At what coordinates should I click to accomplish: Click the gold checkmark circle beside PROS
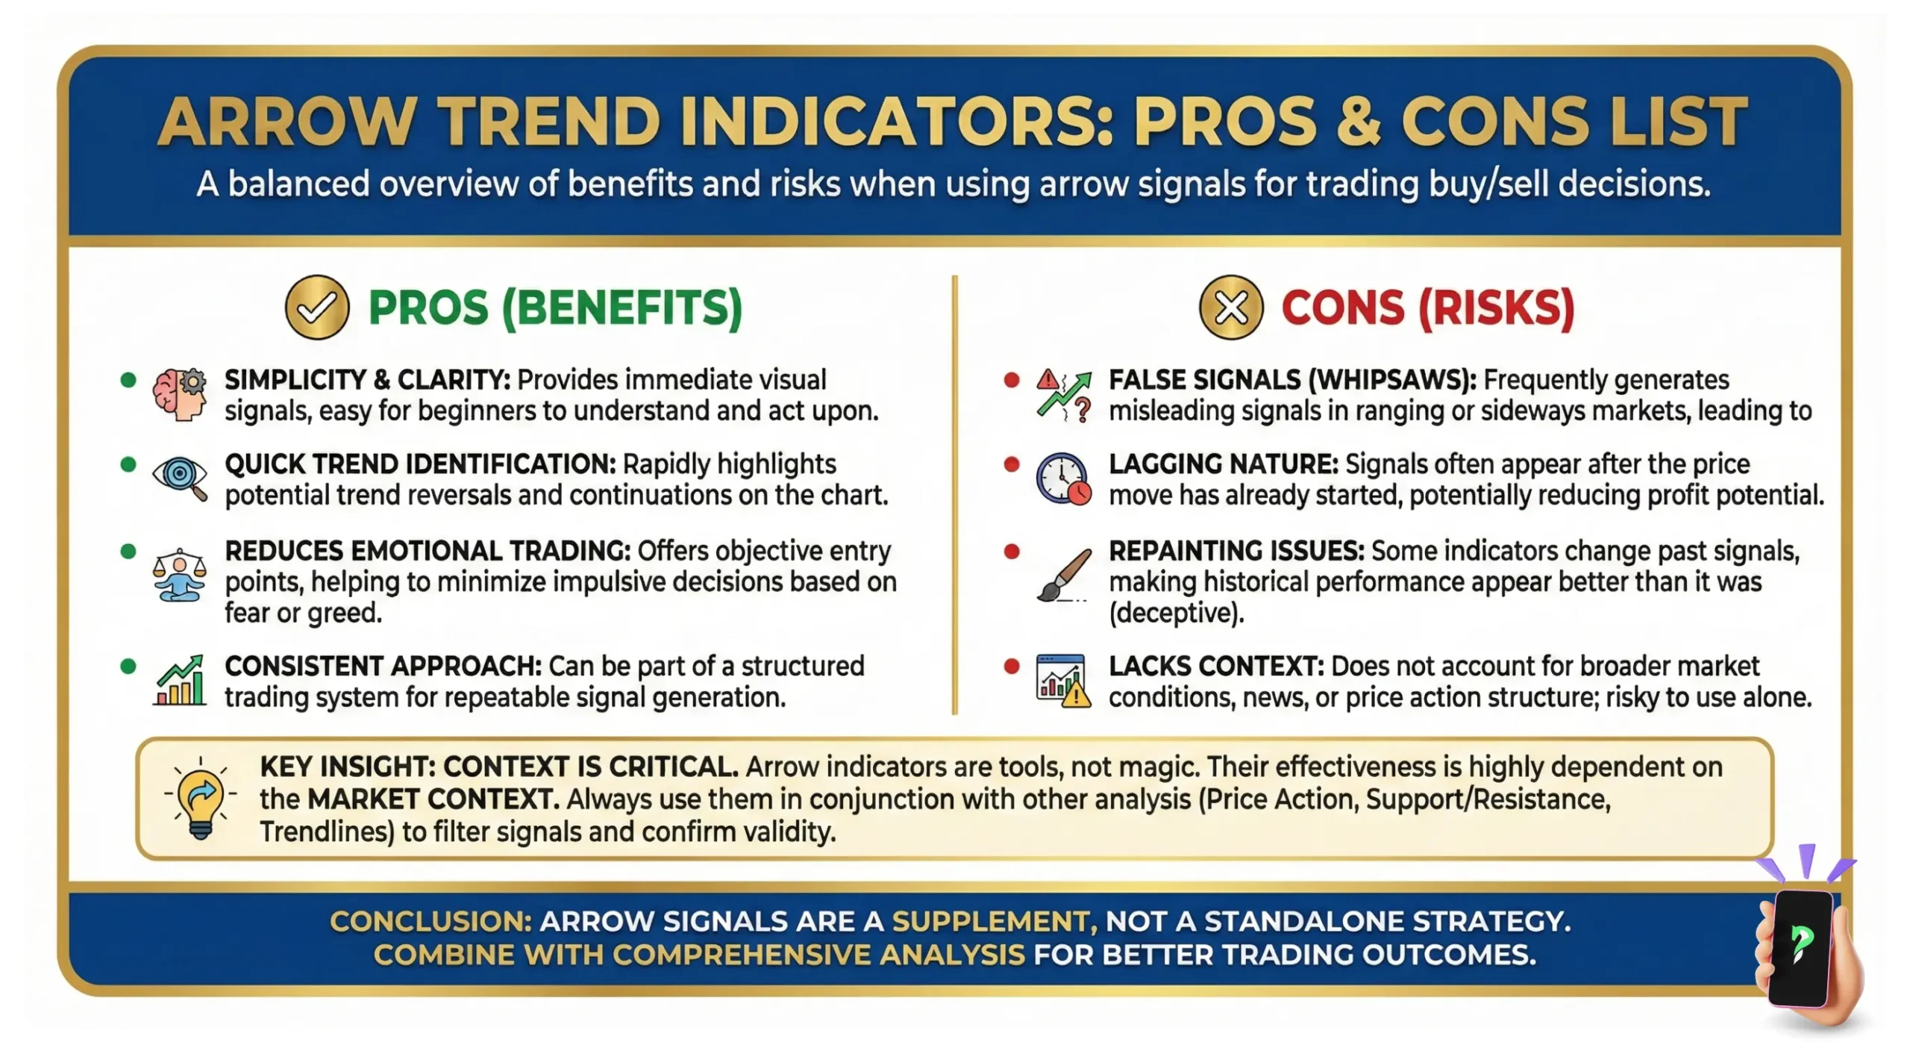pyautogui.click(x=317, y=307)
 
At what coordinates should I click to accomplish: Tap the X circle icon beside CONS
pyautogui.click(x=1231, y=307)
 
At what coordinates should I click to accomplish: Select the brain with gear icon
pyautogui.click(x=180, y=393)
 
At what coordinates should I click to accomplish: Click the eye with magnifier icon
pyautogui.click(x=180, y=478)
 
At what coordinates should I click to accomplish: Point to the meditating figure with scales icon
pyautogui.click(x=179, y=575)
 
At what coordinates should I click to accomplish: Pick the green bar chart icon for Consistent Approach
pyautogui.click(x=180, y=680)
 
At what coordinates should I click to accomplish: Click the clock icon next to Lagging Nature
pyautogui.click(x=1063, y=478)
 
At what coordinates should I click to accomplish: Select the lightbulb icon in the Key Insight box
pyautogui.click(x=200, y=799)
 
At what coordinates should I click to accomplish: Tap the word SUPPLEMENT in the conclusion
pyautogui.click(x=995, y=922)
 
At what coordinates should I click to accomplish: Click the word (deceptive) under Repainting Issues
pyautogui.click(x=1177, y=613)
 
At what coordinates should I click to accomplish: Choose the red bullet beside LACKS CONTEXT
pyautogui.click(x=1012, y=666)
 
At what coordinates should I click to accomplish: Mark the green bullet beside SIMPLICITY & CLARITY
pyautogui.click(x=128, y=380)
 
